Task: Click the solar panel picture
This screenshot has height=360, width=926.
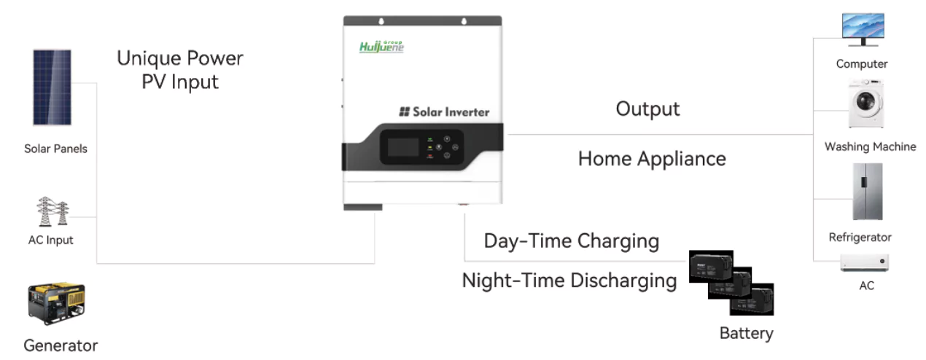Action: coord(52,87)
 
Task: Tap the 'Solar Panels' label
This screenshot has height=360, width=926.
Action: coord(56,149)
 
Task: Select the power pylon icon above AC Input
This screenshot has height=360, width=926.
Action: coord(53,211)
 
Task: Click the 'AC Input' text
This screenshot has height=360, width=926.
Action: coord(50,240)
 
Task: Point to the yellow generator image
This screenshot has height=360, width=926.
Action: coord(57,304)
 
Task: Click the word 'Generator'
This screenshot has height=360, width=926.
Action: coord(61,345)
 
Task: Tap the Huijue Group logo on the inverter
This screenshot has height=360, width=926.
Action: coord(381,47)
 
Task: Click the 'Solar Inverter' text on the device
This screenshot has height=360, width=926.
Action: coord(444,112)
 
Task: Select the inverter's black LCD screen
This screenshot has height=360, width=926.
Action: coord(403,147)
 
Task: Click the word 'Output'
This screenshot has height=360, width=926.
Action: coord(647,109)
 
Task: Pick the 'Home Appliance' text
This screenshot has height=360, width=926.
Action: coord(652,159)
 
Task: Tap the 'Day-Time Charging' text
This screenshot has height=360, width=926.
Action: coord(572,241)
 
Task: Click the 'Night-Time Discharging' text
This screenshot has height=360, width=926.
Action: coord(569,281)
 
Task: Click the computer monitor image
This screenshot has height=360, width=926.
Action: coord(863,29)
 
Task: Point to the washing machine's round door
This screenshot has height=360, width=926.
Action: coord(865,101)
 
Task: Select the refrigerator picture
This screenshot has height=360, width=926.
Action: coord(868,192)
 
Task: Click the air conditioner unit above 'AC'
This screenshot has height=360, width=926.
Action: coord(865,262)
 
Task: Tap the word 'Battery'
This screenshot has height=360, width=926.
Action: coord(746,334)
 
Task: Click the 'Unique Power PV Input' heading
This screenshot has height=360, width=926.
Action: coord(180,69)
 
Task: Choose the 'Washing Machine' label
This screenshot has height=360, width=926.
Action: coord(870,146)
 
